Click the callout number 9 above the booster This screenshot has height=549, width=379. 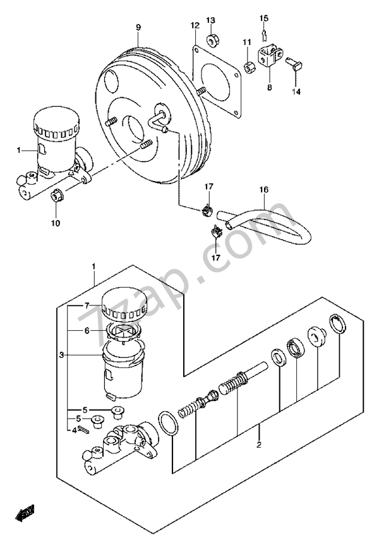(138, 27)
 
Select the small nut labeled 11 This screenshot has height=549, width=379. (248, 65)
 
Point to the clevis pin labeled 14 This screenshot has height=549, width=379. (296, 63)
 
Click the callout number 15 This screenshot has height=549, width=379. (264, 17)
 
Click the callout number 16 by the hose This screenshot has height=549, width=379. (263, 188)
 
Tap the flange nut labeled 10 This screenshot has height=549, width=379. (56, 197)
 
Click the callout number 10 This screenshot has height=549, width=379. (56, 223)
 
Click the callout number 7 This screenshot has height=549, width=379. (88, 305)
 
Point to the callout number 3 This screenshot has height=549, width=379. (61, 355)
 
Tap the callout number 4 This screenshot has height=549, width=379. (74, 431)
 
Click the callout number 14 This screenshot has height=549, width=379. (296, 91)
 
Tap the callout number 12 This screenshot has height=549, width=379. (195, 25)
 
